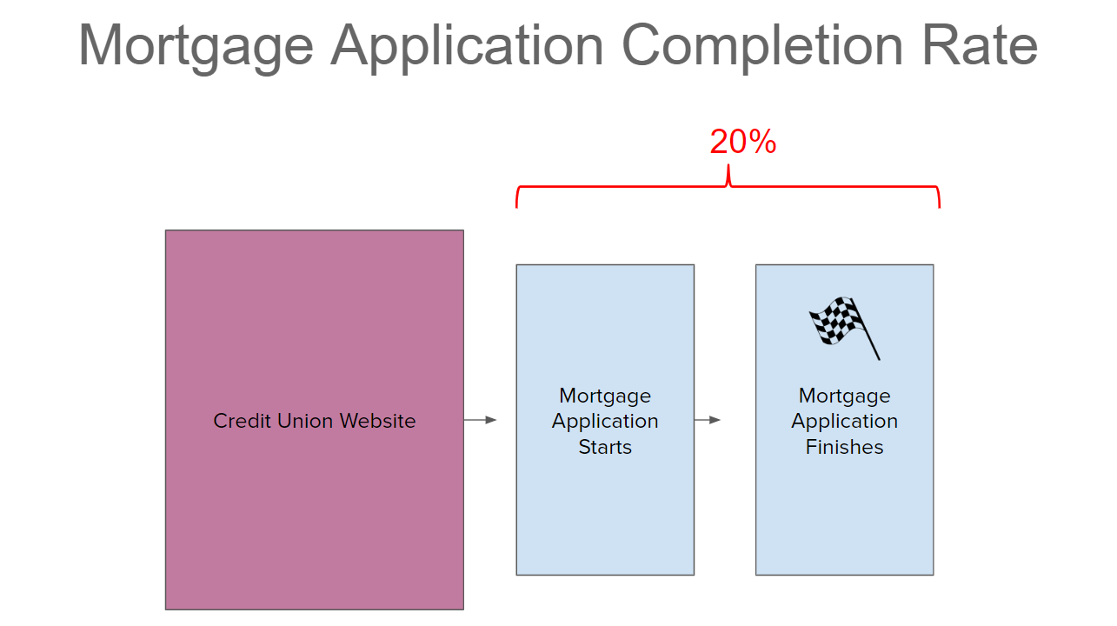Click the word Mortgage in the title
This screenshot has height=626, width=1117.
pyautogui.click(x=196, y=48)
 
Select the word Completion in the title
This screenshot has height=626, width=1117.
pyautogui.click(x=762, y=48)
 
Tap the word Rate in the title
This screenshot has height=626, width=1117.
pyautogui.click(x=980, y=45)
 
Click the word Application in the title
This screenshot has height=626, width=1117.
pyautogui.click(x=468, y=48)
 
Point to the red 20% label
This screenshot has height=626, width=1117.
pyautogui.click(x=743, y=142)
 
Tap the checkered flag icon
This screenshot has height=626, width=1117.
pyautogui.click(x=845, y=328)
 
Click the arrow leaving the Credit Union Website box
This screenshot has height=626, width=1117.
pyautogui.click(x=480, y=420)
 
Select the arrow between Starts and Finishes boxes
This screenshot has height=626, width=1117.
pyautogui.click(x=708, y=420)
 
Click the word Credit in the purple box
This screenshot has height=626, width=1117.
pyautogui.click(x=242, y=421)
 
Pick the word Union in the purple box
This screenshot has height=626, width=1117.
pyautogui.click(x=306, y=421)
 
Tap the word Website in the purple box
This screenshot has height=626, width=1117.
pyautogui.click(x=378, y=421)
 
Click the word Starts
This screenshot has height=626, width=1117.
pyautogui.click(x=605, y=447)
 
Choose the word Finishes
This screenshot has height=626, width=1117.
pyautogui.click(x=844, y=447)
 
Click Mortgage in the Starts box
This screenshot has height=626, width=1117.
pyautogui.click(x=605, y=397)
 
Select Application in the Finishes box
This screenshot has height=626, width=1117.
pyautogui.click(x=844, y=423)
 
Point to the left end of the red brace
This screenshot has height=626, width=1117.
pyautogui.click(x=516, y=207)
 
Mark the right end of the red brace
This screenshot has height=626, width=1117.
pyautogui.click(x=940, y=207)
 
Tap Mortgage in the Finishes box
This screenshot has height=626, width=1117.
pyautogui.click(x=844, y=397)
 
